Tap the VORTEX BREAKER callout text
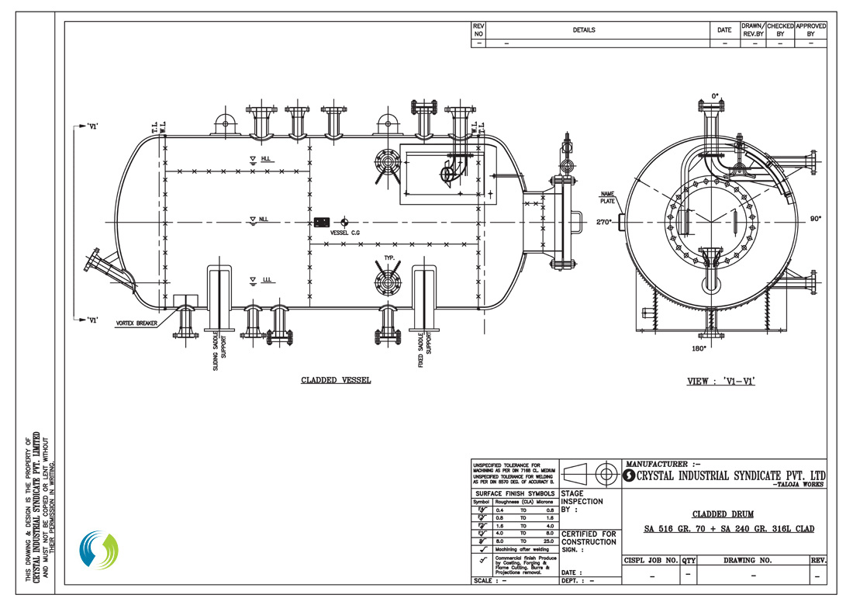(136, 323)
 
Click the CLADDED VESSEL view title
(336, 381)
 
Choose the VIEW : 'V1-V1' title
(722, 382)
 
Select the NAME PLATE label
(606, 197)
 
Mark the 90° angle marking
(817, 220)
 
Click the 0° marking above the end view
(715, 96)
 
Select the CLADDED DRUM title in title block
(723, 513)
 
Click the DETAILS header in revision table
(583, 30)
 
